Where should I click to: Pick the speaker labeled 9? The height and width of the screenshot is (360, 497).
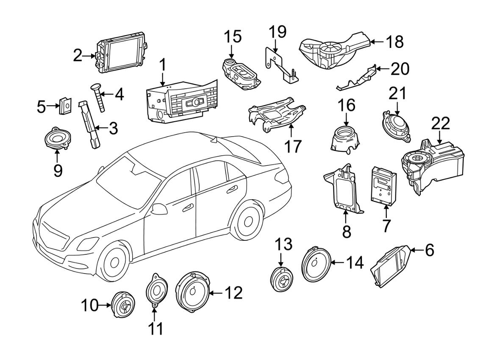click(x=57, y=139)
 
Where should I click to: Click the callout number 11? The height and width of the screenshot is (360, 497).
click(x=156, y=329)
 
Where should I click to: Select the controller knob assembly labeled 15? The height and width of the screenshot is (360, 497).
click(x=240, y=75)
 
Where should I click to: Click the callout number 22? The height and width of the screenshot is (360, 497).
click(x=441, y=124)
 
